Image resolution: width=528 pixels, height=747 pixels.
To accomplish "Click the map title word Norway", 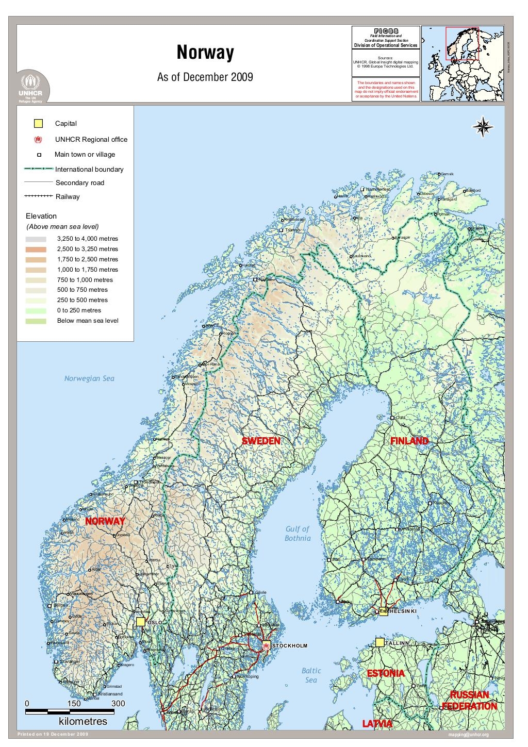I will pyautogui.click(x=205, y=53).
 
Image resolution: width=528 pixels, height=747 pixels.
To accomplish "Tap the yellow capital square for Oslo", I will pyautogui.click(x=141, y=622).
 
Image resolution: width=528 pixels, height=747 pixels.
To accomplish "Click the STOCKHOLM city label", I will pyautogui.click(x=289, y=645).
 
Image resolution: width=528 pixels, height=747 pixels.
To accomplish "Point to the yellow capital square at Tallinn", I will pyautogui.click(x=380, y=642).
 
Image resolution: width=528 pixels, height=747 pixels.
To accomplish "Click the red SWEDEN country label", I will pyautogui.click(x=261, y=441).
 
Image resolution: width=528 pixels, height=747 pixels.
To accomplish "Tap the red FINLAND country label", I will pyautogui.click(x=409, y=441).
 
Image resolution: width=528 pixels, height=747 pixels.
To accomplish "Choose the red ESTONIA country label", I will pyautogui.click(x=385, y=673).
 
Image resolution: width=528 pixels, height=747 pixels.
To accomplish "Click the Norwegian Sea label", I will pyautogui.click(x=89, y=378).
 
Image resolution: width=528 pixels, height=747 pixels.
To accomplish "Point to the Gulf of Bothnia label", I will pyautogui.click(x=298, y=534).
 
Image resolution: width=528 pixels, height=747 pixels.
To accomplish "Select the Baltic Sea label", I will pyautogui.click(x=311, y=675).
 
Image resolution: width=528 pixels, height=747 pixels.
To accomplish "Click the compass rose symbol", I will pyautogui.click(x=483, y=127).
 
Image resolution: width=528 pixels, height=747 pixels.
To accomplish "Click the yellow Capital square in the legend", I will pyautogui.click(x=38, y=124).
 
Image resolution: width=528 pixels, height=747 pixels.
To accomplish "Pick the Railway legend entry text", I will pyautogui.click(x=68, y=196).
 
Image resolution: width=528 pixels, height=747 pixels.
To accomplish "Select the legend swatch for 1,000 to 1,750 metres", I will pyautogui.click(x=36, y=270).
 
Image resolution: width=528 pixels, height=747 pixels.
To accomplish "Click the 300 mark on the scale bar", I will pyautogui.click(x=118, y=703).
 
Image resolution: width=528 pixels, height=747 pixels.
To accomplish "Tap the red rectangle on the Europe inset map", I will pyautogui.click(x=463, y=44).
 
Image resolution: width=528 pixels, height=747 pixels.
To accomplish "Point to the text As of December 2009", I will pyautogui.click(x=205, y=77).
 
